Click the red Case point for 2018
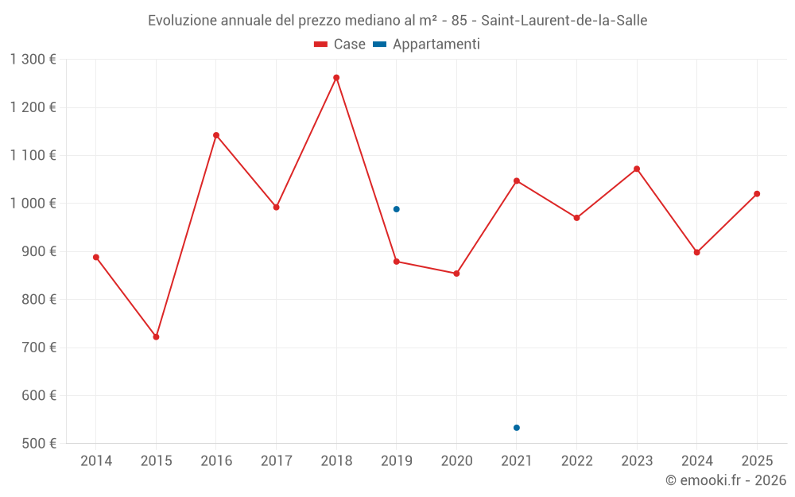(336, 78)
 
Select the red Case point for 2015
(156, 337)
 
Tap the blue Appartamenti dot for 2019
(397, 209)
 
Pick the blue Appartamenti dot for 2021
(517, 428)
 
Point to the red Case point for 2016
(216, 135)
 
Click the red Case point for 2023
(637, 169)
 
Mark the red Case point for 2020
(456, 274)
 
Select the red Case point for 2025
(757, 194)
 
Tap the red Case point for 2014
(96, 257)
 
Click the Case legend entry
(340, 45)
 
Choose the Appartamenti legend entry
(427, 45)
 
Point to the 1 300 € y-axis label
(33, 60)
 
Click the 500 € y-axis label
(38, 444)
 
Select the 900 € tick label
(38, 251)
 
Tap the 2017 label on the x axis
(276, 461)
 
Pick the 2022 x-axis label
(577, 461)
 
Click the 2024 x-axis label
(697, 461)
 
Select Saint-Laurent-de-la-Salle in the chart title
(564, 21)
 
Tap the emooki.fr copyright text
(726, 480)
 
